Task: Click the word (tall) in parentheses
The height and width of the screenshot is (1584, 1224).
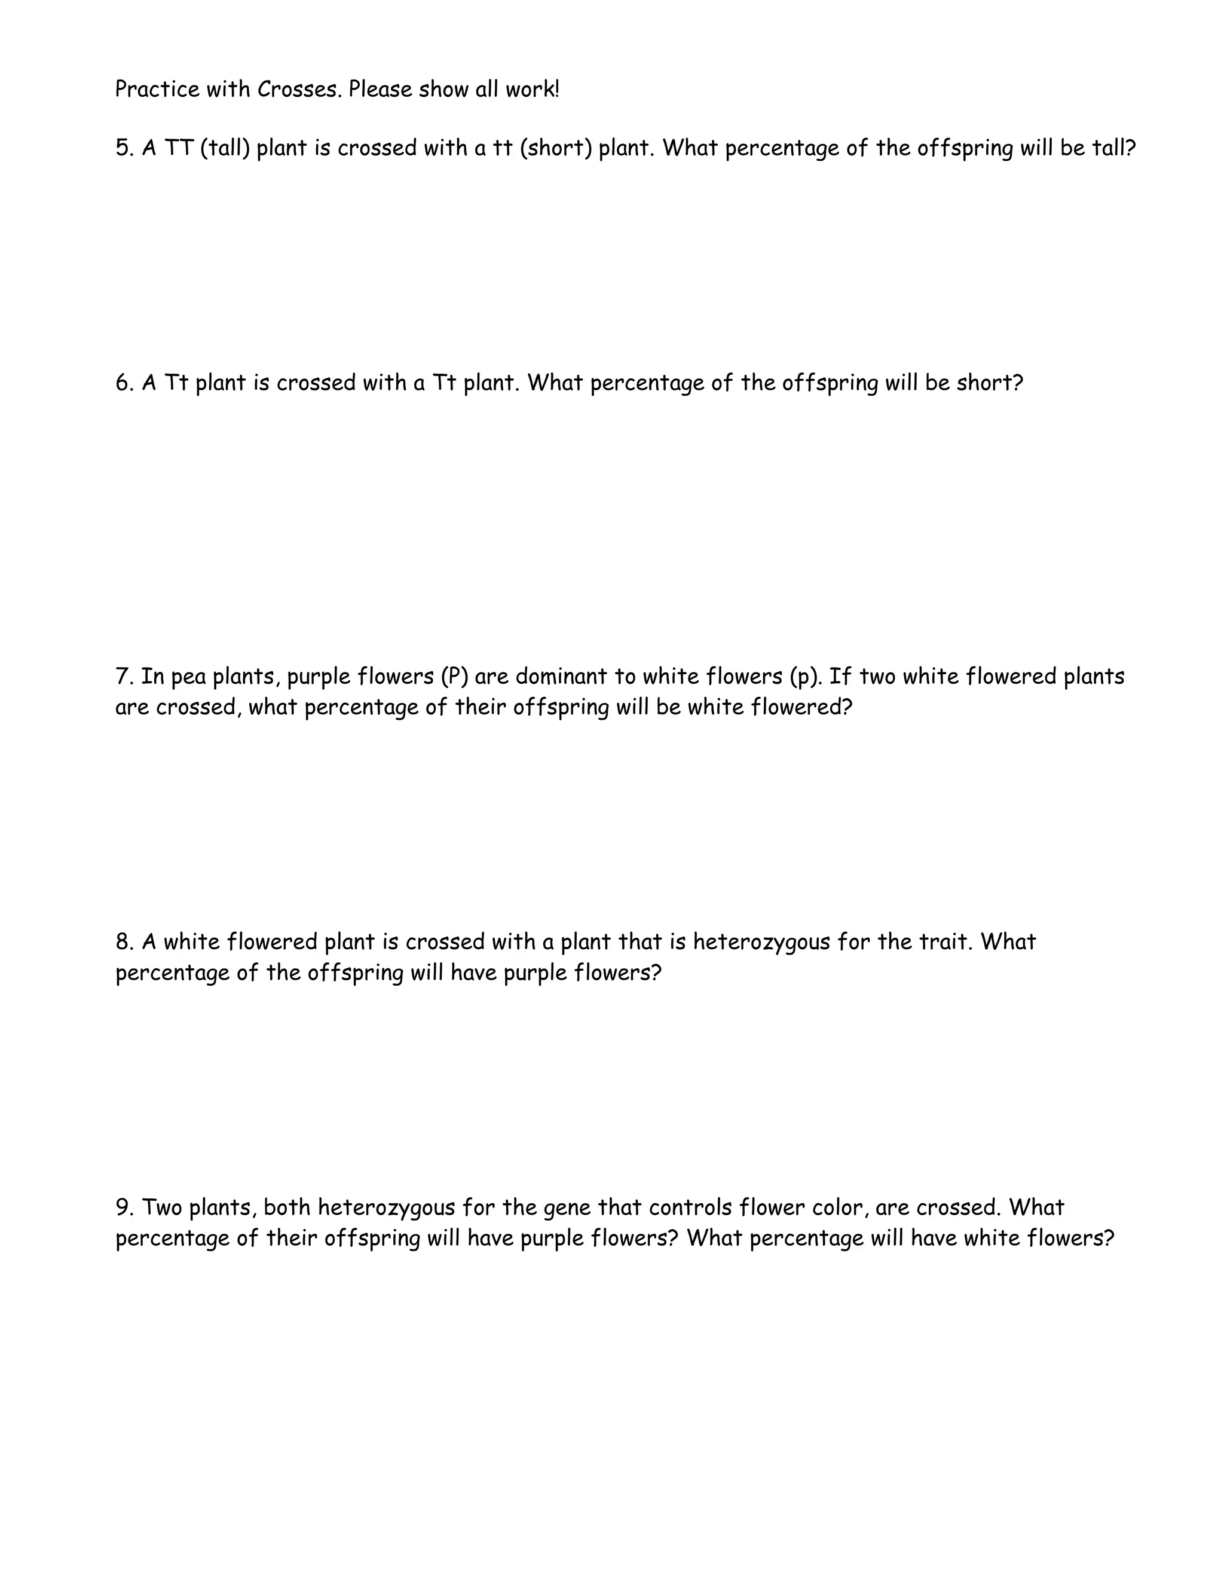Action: coord(225,148)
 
